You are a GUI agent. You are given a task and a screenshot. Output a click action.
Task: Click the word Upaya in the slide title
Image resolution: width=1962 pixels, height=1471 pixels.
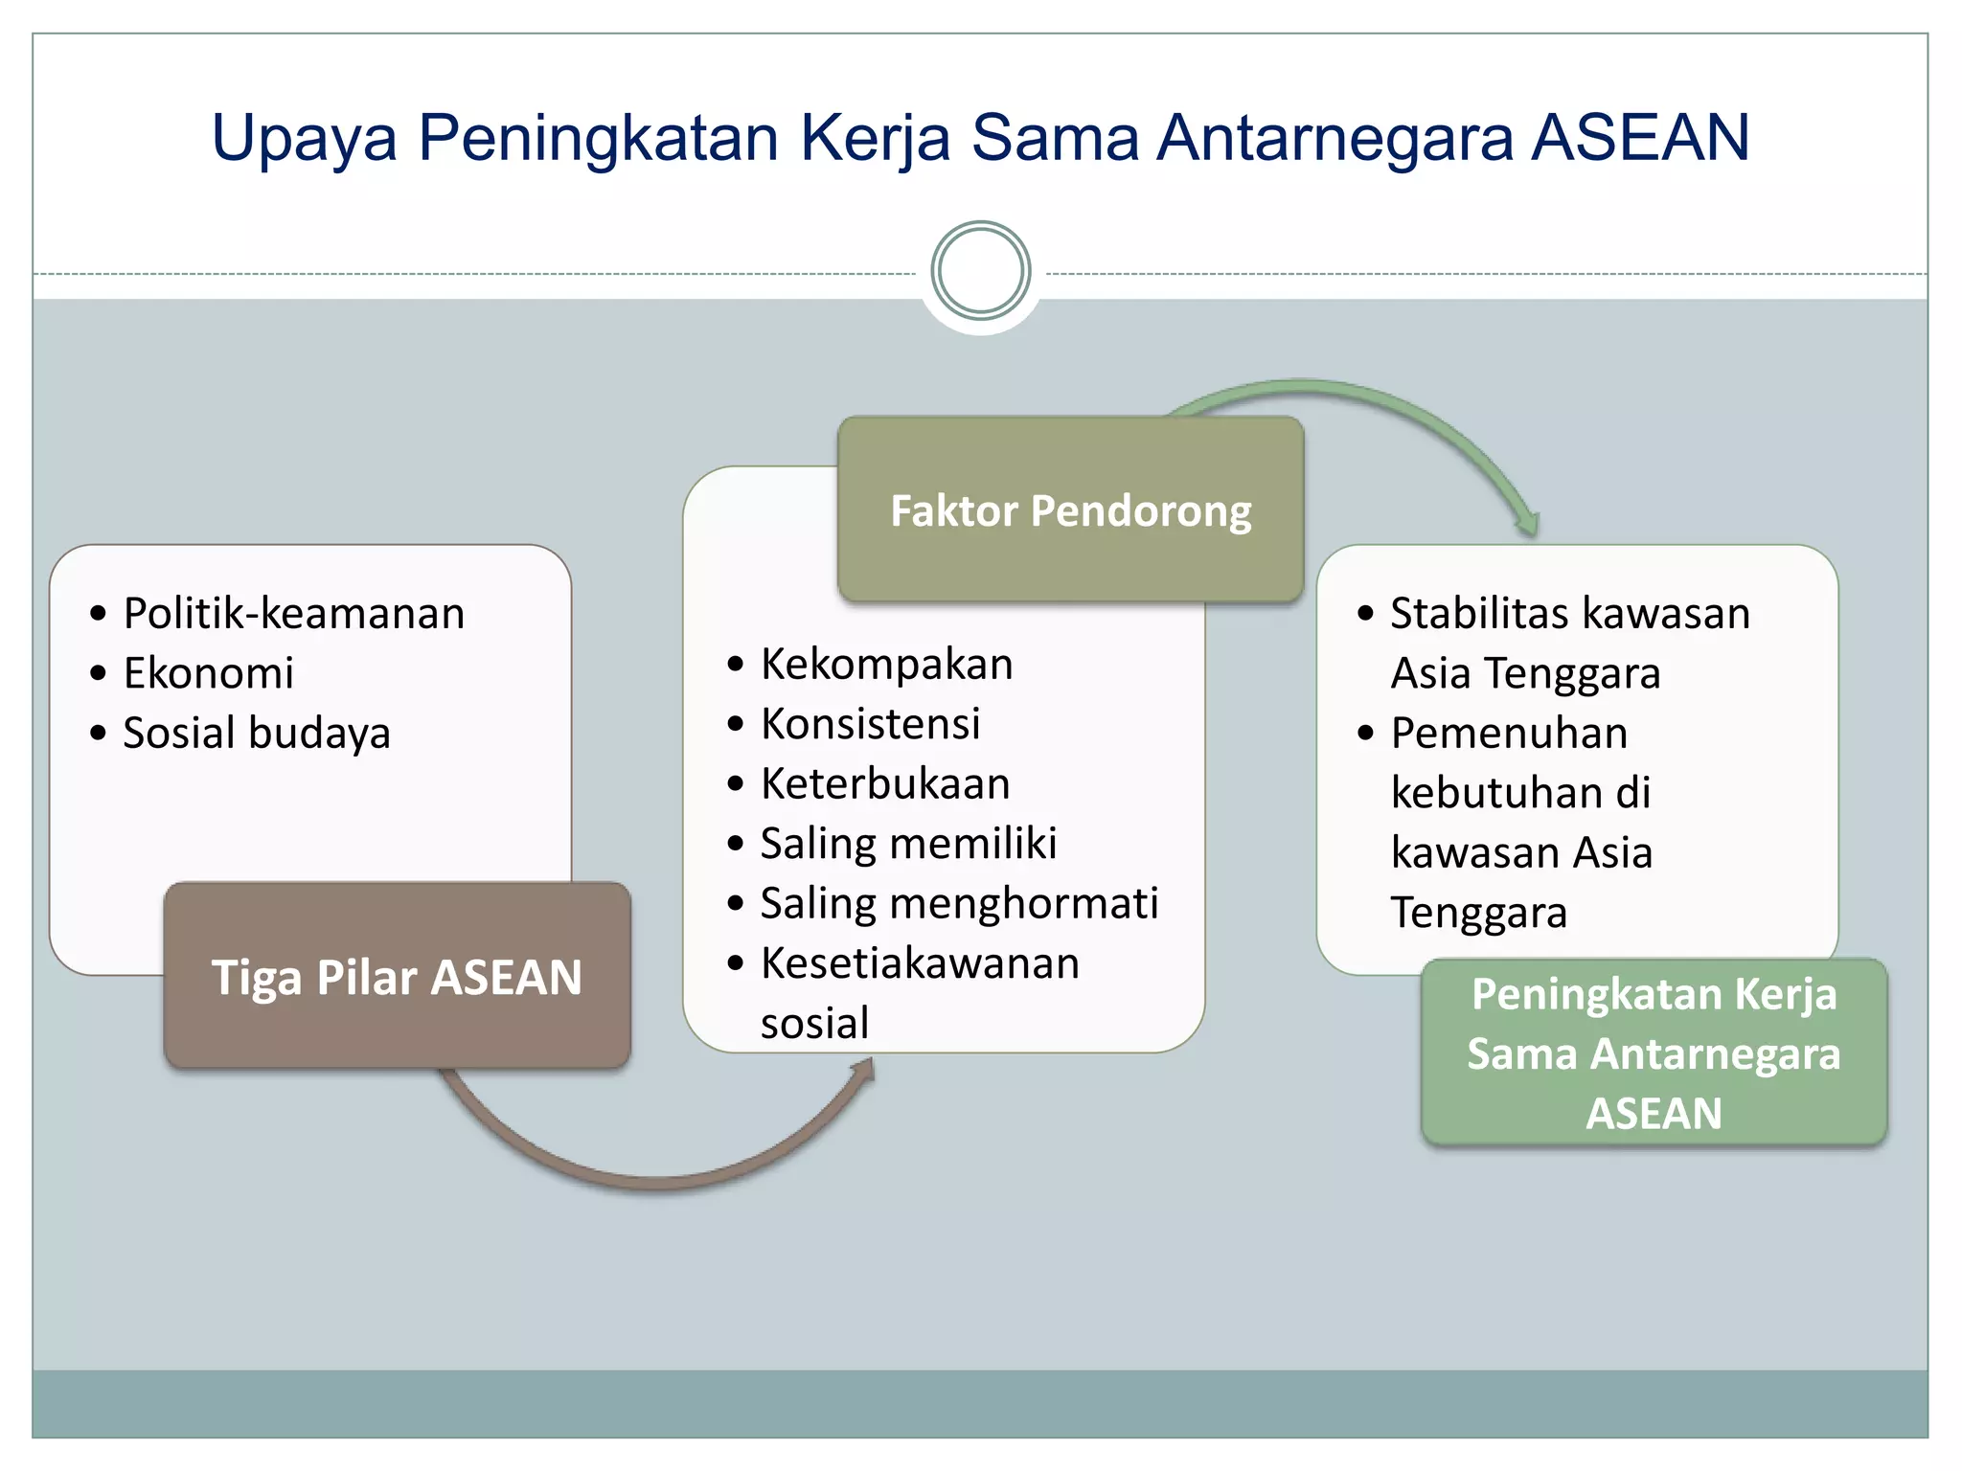pyautogui.click(x=304, y=140)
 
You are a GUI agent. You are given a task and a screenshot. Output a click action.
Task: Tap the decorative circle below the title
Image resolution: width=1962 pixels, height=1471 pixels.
pyautogui.click(x=980, y=271)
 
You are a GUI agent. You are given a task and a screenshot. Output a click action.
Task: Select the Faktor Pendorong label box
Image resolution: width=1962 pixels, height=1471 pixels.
pyautogui.click(x=1070, y=509)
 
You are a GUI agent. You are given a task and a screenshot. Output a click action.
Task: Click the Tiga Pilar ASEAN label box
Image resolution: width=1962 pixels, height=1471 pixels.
pyautogui.click(x=397, y=976)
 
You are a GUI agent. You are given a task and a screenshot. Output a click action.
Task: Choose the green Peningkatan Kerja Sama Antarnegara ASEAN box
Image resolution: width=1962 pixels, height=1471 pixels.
pyautogui.click(x=1654, y=1052)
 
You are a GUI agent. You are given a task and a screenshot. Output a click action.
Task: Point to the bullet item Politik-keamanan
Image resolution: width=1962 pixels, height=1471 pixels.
pyautogui.click(x=293, y=613)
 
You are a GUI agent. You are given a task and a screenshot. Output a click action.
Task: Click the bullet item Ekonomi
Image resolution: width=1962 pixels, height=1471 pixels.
pyautogui.click(x=208, y=673)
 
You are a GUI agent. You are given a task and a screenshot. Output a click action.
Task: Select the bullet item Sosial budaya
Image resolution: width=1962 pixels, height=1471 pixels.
pyautogui.click(x=257, y=733)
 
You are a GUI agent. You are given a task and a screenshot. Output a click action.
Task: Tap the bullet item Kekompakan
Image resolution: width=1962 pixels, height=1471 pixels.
pyautogui.click(x=886, y=664)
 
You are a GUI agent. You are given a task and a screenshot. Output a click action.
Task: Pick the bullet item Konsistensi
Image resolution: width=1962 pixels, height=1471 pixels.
pyautogui.click(x=870, y=724)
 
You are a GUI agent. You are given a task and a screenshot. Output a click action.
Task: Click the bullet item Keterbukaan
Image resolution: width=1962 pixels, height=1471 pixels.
pyautogui.click(x=885, y=783)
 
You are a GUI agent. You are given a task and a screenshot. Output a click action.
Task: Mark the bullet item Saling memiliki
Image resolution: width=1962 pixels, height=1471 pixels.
pyautogui.click(x=908, y=844)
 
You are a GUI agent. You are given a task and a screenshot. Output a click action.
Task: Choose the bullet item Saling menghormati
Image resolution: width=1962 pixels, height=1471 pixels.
pyautogui.click(x=959, y=903)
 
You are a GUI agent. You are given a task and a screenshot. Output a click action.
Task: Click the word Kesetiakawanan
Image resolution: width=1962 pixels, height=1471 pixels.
pyautogui.click(x=920, y=963)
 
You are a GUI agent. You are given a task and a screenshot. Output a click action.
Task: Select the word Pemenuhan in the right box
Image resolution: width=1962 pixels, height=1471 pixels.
pyautogui.click(x=1509, y=733)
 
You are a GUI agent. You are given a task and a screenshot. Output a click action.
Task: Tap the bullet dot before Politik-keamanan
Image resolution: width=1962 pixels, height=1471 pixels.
pyautogui.click(x=98, y=614)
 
